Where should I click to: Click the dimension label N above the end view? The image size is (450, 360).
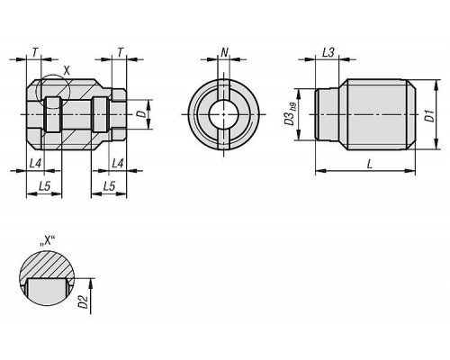[x=224, y=53]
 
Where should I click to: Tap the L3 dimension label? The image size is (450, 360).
[x=328, y=53]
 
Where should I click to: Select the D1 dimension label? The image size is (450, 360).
[x=430, y=116]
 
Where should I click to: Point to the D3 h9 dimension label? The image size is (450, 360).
[x=291, y=114]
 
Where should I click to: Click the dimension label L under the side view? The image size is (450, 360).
[x=370, y=164]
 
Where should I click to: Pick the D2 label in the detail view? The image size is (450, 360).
[x=83, y=301]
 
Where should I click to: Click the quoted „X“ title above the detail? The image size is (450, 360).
[x=48, y=240]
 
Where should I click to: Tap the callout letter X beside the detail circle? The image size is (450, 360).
[x=67, y=71]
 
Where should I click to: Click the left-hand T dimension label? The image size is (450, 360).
[x=35, y=53]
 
